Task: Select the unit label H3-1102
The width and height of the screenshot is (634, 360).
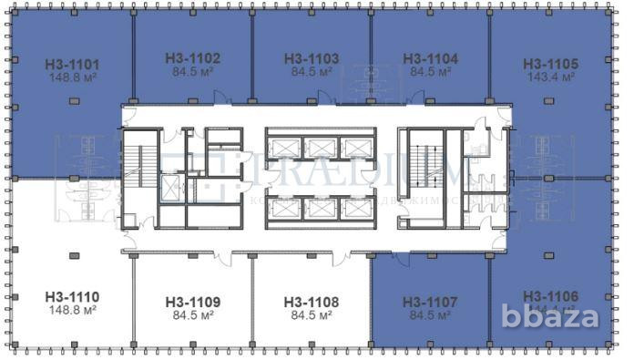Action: [x=193, y=57]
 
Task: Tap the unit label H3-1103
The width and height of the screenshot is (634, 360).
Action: [x=312, y=57]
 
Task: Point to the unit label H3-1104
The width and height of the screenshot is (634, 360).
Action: [x=430, y=57]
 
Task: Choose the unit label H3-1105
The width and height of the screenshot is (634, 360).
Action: [x=550, y=65]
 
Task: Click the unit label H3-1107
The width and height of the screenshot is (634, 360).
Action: [x=430, y=302]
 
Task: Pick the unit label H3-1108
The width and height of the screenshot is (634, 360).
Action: [x=312, y=302]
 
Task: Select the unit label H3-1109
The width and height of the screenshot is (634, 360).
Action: [x=193, y=302]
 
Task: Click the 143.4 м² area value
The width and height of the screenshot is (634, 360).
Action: [x=550, y=77]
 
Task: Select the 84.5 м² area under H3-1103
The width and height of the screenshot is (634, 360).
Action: [x=312, y=70]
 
